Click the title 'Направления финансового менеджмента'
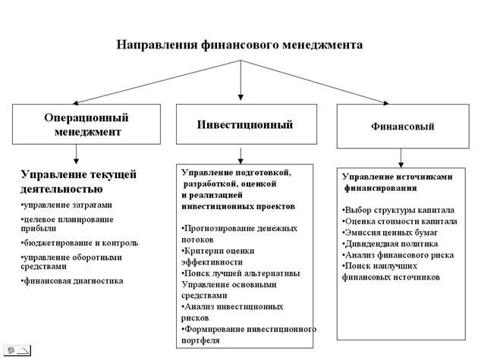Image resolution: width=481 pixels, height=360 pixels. click(x=239, y=45)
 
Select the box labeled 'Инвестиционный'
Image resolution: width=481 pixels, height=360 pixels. click(x=247, y=124)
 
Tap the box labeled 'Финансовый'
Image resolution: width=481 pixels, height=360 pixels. click(x=403, y=127)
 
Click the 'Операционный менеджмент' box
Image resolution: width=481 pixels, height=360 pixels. click(x=86, y=124)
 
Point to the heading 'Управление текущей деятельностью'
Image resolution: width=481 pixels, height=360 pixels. click(x=78, y=181)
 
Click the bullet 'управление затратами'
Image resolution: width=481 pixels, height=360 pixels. click(x=66, y=205)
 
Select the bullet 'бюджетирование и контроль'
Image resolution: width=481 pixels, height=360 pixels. click(x=80, y=243)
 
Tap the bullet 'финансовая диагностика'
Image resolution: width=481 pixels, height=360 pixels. click(x=72, y=280)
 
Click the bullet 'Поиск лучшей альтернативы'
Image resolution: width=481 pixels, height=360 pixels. click(x=240, y=274)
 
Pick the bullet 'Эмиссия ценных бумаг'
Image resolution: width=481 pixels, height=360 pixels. click(x=390, y=233)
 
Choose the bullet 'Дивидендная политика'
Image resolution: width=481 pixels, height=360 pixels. click(x=390, y=244)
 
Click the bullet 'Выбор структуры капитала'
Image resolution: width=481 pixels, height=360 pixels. click(x=398, y=210)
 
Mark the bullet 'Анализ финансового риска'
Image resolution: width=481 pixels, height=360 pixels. click(x=398, y=255)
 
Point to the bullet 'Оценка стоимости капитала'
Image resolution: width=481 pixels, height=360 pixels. click(x=399, y=221)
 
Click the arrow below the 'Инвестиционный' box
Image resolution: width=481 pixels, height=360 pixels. click(x=240, y=156)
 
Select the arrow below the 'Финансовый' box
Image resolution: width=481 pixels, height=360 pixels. click(x=401, y=158)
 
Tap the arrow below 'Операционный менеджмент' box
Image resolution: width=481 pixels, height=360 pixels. click(x=76, y=154)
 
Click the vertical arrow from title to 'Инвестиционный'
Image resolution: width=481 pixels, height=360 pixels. click(x=240, y=80)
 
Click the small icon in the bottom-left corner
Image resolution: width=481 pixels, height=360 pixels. click(x=17, y=350)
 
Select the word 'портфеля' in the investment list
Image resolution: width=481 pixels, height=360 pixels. click(x=200, y=340)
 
